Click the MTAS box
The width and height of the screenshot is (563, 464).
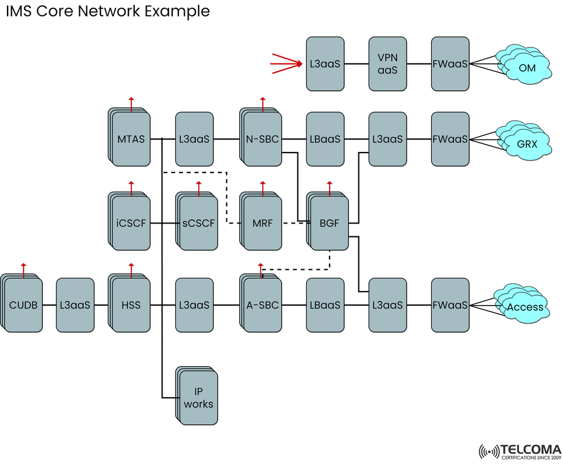tap(130, 139)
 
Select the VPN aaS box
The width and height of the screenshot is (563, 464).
tap(388, 63)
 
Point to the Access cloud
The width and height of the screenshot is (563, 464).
tap(524, 307)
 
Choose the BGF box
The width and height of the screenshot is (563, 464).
tap(329, 223)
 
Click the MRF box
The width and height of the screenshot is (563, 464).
tap(262, 223)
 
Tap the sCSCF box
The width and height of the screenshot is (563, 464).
tap(198, 223)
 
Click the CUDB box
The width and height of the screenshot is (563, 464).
tap(23, 305)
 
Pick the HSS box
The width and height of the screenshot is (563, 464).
tap(130, 305)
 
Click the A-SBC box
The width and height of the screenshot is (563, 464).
tap(262, 305)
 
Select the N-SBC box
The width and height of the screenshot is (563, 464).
tap(262, 139)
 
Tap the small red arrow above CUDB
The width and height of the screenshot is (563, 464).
tap(23, 269)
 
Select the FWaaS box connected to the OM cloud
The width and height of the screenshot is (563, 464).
tap(450, 63)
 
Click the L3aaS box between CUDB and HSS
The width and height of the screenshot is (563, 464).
tap(75, 305)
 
